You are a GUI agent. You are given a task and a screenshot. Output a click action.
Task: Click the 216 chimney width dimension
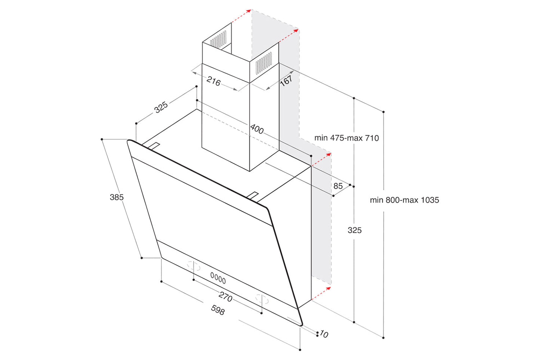[213, 81]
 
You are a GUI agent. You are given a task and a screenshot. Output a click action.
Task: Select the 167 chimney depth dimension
[286, 80]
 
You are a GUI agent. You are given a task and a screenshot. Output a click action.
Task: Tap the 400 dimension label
[257, 129]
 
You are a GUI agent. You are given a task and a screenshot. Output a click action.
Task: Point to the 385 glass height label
[117, 197]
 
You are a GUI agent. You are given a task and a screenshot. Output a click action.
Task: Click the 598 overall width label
[218, 310]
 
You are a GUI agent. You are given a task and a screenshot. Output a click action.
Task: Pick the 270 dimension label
[225, 297]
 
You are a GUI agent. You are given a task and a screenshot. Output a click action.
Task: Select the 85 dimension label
[338, 186]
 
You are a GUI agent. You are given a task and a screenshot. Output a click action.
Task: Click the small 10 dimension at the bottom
[324, 334]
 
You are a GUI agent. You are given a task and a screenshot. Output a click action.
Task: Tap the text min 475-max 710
[346, 138]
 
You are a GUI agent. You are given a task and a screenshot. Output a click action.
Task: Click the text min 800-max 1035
[404, 200]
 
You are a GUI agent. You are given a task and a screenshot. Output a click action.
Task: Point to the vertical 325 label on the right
[354, 230]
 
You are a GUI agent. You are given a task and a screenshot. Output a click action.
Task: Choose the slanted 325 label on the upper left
[161, 107]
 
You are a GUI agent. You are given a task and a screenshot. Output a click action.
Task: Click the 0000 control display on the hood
[218, 278]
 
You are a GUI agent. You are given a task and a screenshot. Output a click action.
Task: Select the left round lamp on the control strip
[194, 267]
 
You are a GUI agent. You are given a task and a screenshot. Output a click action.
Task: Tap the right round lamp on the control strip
[262, 299]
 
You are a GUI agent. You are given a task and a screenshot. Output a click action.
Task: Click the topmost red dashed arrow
[241, 16]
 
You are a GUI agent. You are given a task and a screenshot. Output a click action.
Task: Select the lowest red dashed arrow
[321, 293]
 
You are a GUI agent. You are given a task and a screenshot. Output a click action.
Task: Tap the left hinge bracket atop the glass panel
[153, 146]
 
